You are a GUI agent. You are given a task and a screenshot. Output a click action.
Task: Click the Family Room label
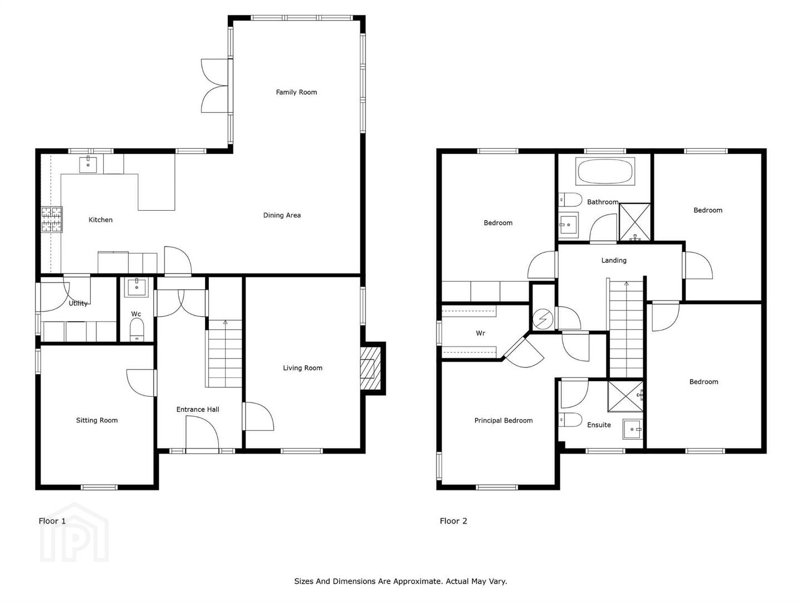296,92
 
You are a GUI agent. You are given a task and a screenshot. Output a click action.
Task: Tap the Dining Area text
282,215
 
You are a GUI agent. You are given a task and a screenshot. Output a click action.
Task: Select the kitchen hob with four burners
52,219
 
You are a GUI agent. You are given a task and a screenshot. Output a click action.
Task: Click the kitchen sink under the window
88,164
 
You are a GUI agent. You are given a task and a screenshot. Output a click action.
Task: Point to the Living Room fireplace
371,368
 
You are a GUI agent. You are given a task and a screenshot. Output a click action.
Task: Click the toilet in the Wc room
137,329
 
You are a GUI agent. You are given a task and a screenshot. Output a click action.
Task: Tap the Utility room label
78,303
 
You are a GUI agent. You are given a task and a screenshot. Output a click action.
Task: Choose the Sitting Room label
97,420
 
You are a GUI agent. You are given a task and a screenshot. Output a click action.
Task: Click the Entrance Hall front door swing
202,434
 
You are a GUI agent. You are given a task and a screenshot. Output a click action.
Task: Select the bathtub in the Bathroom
605,172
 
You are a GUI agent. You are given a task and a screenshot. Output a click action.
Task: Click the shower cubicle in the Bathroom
635,222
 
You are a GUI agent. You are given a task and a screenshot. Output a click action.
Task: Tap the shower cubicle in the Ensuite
625,396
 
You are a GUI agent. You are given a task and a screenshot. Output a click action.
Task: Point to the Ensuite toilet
570,420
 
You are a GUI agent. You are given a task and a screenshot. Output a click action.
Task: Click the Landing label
614,260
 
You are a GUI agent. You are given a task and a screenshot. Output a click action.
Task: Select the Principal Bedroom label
503,421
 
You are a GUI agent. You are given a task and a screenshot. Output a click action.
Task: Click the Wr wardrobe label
481,333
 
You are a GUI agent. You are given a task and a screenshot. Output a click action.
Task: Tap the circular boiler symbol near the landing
542,319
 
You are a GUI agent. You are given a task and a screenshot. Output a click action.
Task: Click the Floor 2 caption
453,521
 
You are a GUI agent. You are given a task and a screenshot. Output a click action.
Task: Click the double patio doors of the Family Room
216,86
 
